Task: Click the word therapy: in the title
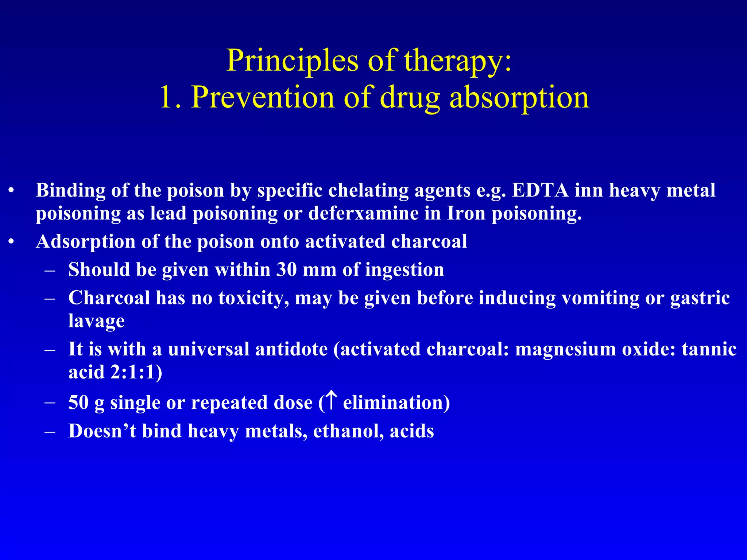point(458,61)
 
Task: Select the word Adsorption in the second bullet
point(86,242)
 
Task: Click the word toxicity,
point(254,298)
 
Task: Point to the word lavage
point(96,321)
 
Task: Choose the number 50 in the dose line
point(78,403)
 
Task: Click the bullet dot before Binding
point(12,191)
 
